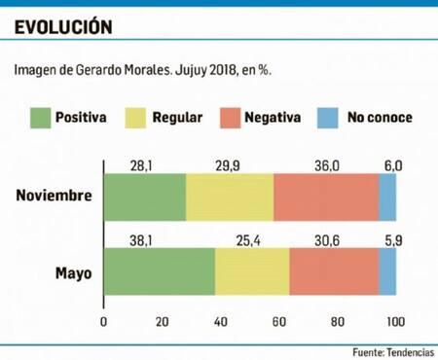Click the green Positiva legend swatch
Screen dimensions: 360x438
(42, 118)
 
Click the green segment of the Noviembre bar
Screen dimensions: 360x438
(144, 197)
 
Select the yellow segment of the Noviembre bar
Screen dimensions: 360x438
(229, 197)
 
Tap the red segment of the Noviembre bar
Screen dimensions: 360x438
(325, 197)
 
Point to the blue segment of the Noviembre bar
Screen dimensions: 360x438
(387, 197)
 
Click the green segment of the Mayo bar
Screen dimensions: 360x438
(159, 271)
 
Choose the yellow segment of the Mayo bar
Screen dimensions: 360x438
(251, 271)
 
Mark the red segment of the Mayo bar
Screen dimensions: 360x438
(333, 271)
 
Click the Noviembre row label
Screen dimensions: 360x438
(55, 197)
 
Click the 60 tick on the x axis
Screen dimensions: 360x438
(278, 322)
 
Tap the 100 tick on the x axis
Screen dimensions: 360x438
(395, 322)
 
